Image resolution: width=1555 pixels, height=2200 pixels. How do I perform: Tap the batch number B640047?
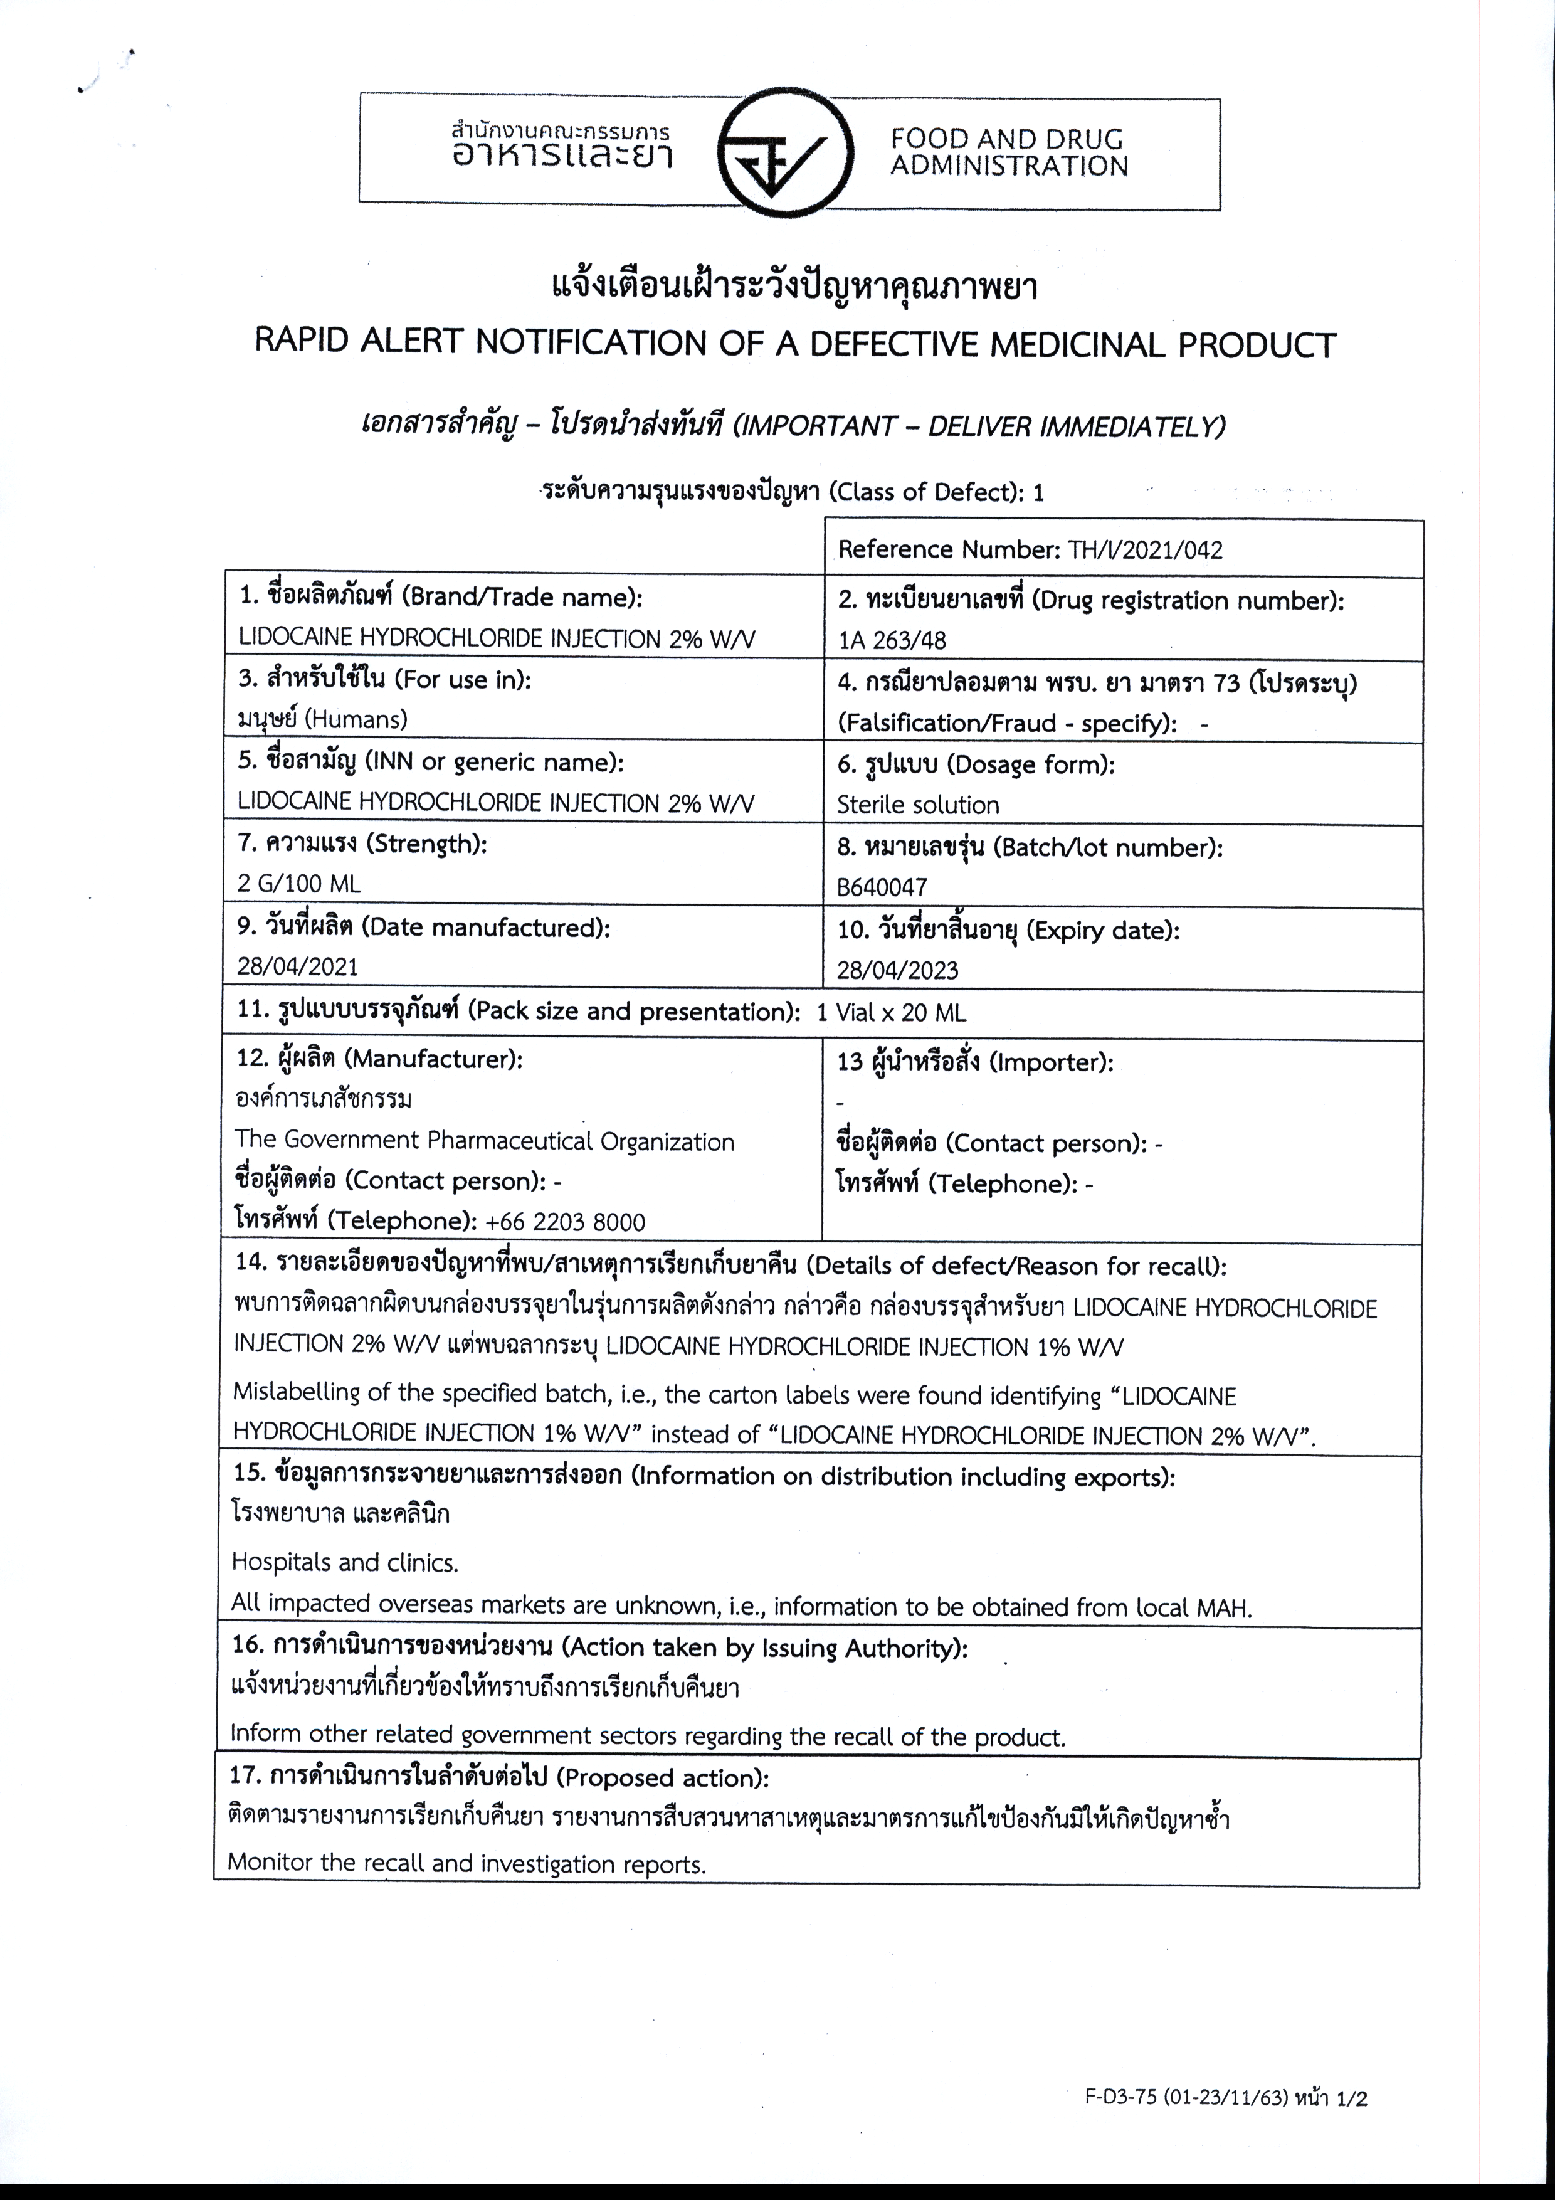pyautogui.click(x=882, y=887)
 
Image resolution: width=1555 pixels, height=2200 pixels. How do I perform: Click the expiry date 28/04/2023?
pyautogui.click(x=897, y=970)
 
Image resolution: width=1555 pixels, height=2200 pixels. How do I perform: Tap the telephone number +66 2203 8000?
pyautogui.click(x=566, y=1222)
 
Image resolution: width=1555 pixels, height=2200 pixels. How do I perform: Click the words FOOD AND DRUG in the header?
pyautogui.click(x=1006, y=140)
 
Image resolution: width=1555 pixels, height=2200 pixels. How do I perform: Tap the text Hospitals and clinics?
pyautogui.click(x=345, y=1563)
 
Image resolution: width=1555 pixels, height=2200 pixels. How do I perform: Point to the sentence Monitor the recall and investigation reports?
pyautogui.click(x=466, y=1864)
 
